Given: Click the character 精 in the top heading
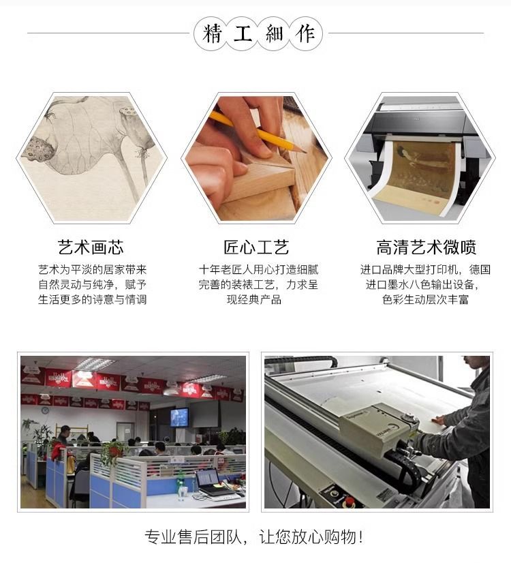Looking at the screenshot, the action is [211, 34].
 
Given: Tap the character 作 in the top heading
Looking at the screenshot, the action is [305, 34].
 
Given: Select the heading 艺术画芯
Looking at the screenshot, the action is [91, 247].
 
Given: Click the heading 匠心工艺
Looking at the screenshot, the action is [256, 247].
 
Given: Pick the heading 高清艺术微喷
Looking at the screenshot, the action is [427, 247].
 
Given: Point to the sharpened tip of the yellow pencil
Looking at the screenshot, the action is [306, 152].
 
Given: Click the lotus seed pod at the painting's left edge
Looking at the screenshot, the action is [40, 150].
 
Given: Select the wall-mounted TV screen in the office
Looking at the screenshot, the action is [179, 417].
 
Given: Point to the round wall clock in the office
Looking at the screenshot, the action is [45, 410].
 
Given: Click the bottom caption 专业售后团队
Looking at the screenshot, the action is [193, 537].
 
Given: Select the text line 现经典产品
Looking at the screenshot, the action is [254, 299].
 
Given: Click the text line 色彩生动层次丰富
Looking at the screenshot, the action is [426, 299].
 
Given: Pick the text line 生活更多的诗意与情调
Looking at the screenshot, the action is [93, 299].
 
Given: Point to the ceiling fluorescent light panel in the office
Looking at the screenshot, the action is [94, 364].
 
